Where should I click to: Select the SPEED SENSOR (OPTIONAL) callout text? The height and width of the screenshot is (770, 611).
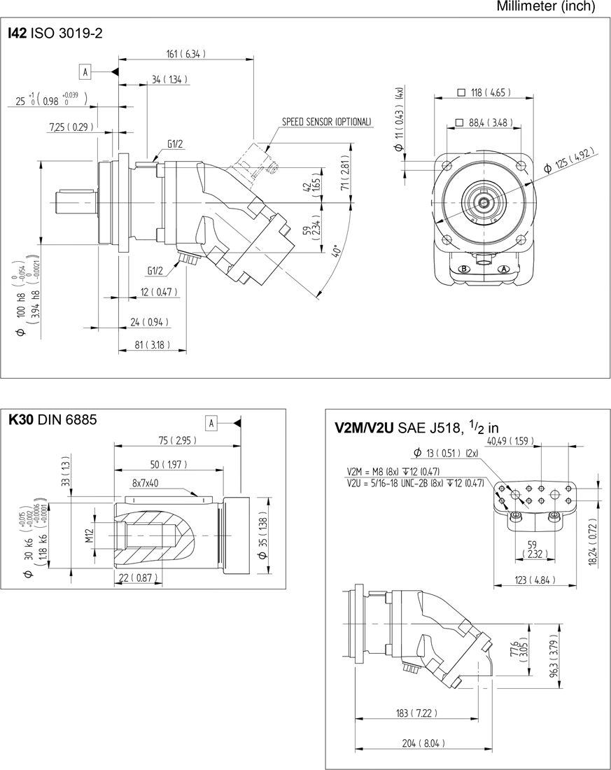click(x=327, y=122)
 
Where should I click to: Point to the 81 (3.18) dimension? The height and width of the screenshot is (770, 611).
click(x=151, y=344)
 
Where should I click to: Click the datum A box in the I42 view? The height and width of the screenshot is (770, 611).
click(x=85, y=71)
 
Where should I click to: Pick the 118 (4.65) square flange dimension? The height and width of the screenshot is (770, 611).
click(x=484, y=92)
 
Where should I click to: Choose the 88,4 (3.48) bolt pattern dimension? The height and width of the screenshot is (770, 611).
click(x=484, y=122)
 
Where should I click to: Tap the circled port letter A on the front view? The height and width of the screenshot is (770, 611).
click(x=503, y=269)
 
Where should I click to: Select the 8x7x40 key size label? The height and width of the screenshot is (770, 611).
click(x=145, y=482)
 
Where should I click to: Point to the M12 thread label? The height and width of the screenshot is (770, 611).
click(x=90, y=535)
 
